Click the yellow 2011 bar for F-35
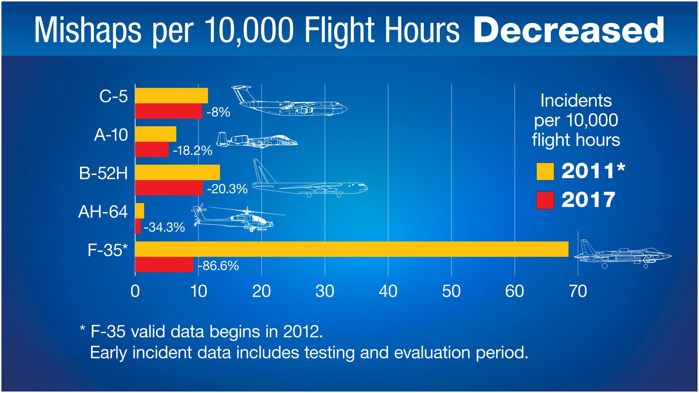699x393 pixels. (351, 249)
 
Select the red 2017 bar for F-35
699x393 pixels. (164, 265)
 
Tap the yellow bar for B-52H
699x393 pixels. (177, 172)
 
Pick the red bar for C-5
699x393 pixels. (169, 111)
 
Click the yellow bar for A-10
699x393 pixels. (155, 134)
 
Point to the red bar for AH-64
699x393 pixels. (138, 226)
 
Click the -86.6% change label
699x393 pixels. (218, 266)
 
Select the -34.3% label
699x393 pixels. (165, 227)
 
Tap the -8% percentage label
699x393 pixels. (218, 112)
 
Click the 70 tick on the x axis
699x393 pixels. (578, 291)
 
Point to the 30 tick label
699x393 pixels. (325, 291)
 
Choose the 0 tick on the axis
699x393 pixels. (135, 291)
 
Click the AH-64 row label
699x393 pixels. (103, 212)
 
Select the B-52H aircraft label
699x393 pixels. (104, 173)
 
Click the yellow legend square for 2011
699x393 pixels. (545, 172)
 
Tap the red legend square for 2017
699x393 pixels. (545, 200)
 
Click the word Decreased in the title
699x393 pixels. (568, 31)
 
